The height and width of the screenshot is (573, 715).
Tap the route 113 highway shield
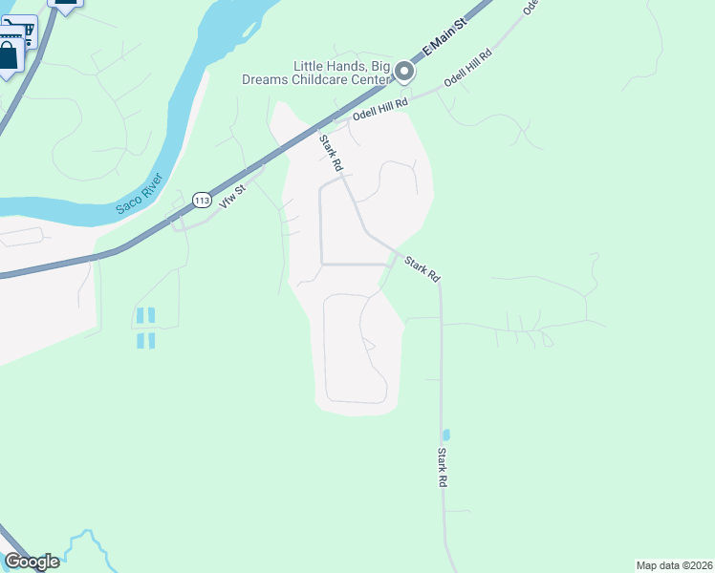coord(201,200)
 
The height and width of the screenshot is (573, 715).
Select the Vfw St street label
coord(233,196)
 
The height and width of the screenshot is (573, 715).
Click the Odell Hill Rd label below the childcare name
coord(379,109)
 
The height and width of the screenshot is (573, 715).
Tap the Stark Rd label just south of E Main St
coord(331,153)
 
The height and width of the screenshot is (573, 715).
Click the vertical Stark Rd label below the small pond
coord(443,468)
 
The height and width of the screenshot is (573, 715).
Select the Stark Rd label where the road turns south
coord(421,268)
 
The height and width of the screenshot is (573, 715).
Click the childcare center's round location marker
coord(404,71)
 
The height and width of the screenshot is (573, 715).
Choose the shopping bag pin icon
coord(9,54)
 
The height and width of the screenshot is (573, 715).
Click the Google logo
coord(32,562)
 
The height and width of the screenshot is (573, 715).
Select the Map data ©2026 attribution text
coord(674,564)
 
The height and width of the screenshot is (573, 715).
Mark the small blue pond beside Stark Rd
coord(446,435)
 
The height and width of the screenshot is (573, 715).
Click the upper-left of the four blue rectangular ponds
coord(141,315)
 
